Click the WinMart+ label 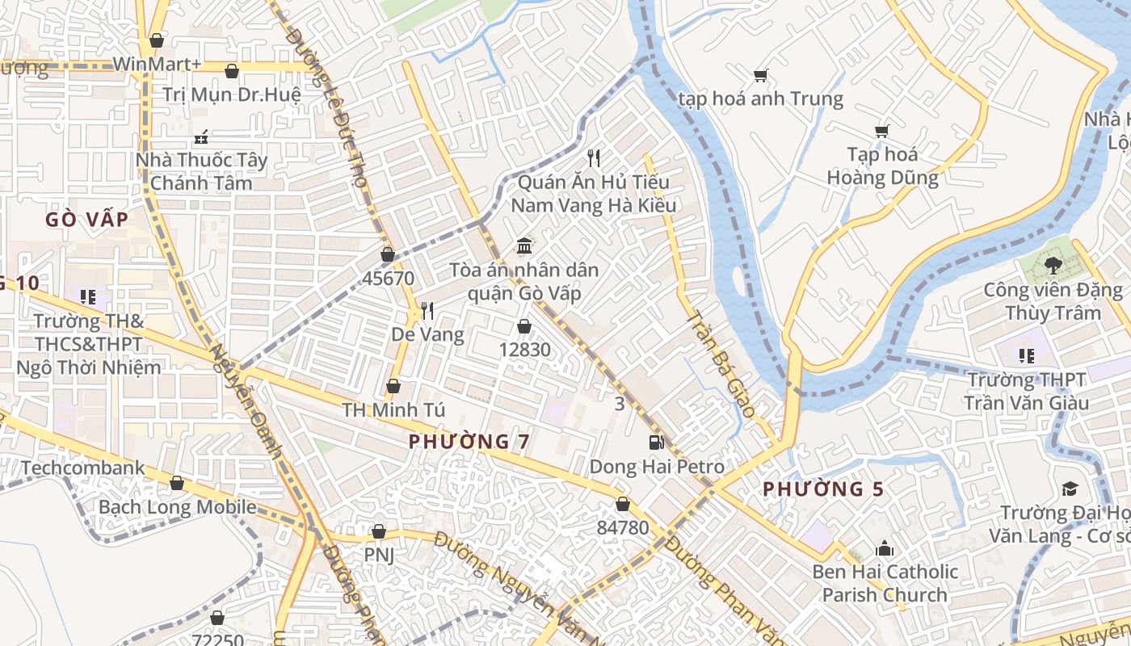157,64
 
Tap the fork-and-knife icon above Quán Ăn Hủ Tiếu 595,157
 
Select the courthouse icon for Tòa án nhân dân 524,245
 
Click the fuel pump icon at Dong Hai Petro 656,442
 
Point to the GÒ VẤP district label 86,220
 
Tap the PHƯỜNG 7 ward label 469,442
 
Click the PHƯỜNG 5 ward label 823,489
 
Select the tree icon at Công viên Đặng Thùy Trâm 1053,265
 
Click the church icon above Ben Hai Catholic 885,548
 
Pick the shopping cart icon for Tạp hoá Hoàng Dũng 881,131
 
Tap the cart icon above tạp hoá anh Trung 760,76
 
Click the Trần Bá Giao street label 720,364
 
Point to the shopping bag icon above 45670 388,254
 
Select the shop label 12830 524,350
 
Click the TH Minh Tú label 393,409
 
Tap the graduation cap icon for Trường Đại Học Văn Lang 1070,489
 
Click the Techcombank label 83,468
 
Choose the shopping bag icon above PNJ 378,531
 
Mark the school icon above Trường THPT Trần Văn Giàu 1027,355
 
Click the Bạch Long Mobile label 177,507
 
